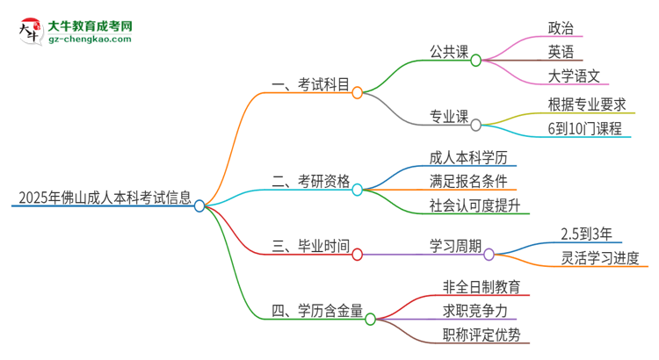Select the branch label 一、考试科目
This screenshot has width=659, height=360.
311,84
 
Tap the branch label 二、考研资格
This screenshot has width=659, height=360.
311,182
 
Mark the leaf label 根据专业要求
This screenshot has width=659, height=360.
585,104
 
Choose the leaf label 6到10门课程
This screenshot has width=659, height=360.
585,128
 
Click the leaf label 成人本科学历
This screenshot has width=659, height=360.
467,158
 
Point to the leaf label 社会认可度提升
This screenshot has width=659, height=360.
475,206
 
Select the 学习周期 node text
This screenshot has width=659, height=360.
453,246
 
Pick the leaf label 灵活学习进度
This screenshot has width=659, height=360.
600,257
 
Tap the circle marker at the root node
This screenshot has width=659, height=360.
200,205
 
